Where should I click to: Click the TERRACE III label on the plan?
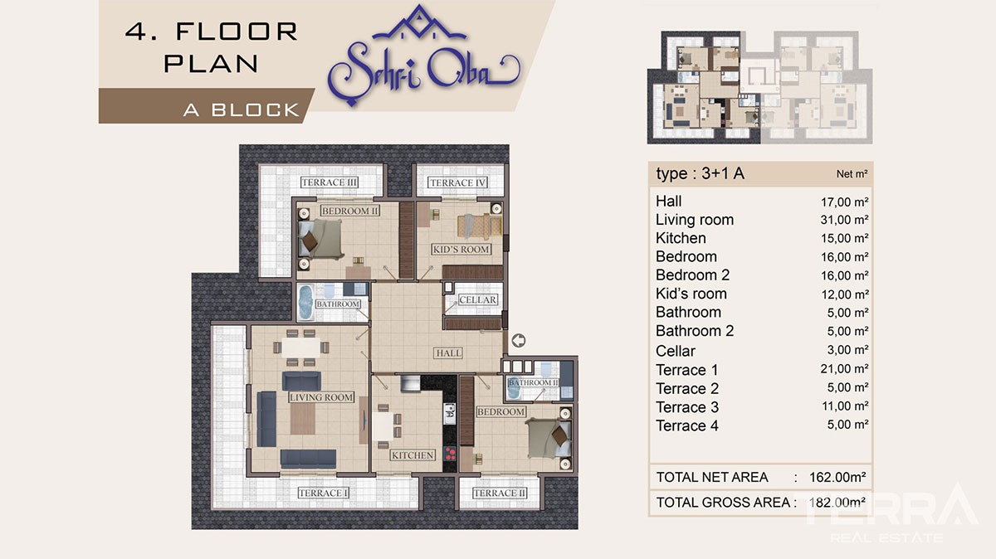329,182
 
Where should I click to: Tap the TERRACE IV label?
457,182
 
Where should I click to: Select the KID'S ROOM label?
461,250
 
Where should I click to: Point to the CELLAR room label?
477,299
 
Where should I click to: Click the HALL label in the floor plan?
448,352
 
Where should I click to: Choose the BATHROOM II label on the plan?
533,382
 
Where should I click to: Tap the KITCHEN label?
413,455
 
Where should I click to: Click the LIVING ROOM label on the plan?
321,397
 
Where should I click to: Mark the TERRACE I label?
323,493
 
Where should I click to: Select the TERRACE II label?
500,493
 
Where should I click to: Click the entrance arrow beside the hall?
518,341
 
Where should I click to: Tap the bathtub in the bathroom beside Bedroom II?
305,302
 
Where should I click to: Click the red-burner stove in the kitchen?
450,453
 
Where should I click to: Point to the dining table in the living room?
300,347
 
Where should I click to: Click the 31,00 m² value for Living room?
844,220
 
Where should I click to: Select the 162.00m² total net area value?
837,477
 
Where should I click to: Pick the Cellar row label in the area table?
676,351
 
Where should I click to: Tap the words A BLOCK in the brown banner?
242,109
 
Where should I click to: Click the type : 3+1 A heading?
701,173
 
